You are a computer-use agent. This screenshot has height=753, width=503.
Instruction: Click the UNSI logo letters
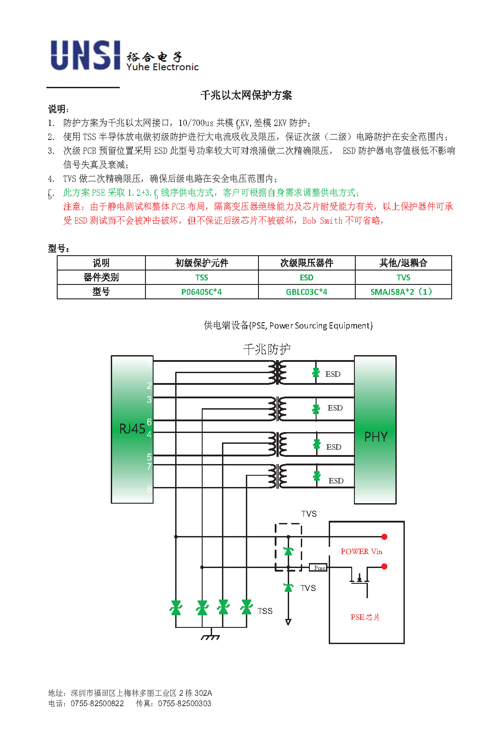(x=86, y=55)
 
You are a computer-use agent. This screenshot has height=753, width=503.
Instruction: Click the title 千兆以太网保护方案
(x=246, y=95)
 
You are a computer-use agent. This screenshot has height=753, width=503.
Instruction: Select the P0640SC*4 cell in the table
(x=202, y=292)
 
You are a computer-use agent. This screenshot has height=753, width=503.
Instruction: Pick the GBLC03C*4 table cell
(x=306, y=292)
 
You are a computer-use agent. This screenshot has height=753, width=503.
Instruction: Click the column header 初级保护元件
(x=202, y=263)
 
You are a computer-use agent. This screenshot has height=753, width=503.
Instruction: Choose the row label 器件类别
(x=101, y=277)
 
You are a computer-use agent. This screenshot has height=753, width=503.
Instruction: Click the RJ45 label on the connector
(x=132, y=429)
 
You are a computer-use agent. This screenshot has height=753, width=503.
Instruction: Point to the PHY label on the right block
(x=376, y=437)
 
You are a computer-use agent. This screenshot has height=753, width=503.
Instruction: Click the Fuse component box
(x=318, y=568)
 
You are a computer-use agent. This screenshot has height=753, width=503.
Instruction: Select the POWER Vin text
(x=362, y=552)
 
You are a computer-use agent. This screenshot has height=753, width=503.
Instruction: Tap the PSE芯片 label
(x=365, y=617)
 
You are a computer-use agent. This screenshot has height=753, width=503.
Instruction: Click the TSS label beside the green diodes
(x=265, y=611)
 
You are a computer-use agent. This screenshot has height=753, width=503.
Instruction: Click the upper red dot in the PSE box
(x=384, y=537)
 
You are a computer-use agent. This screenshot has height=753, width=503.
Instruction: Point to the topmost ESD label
(x=333, y=374)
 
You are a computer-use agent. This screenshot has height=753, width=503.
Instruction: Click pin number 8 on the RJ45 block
(x=149, y=490)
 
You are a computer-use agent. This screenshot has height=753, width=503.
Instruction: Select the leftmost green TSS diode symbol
(x=176, y=608)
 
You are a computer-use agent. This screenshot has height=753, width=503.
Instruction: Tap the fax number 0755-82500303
(x=185, y=703)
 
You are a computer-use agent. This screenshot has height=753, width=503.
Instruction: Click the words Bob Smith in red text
(x=322, y=221)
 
